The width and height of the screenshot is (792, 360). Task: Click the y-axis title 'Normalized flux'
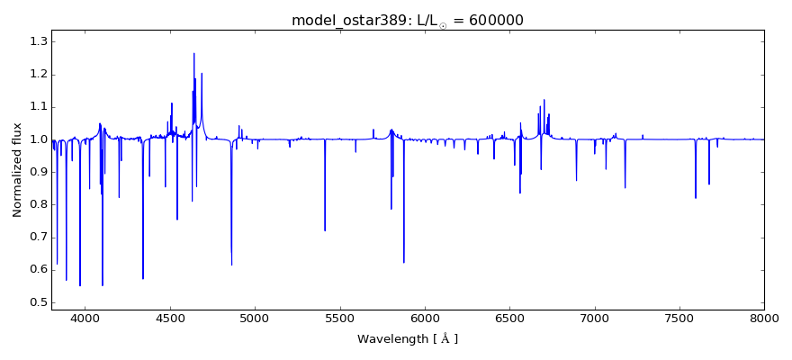pyautogui.click(x=18, y=170)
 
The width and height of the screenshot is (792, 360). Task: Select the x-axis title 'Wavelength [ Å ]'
pyautogui.click(x=408, y=339)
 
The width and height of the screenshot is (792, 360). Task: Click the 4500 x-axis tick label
pyautogui.click(x=170, y=318)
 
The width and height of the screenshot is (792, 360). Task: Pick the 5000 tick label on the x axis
pyautogui.click(x=255, y=318)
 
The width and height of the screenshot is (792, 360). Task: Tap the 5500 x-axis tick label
pyautogui.click(x=339, y=318)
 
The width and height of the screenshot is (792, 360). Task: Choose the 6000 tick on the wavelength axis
pyautogui.click(x=425, y=318)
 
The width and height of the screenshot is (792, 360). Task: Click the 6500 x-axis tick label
pyautogui.click(x=509, y=318)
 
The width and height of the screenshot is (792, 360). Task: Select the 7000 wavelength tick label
pyautogui.click(x=595, y=318)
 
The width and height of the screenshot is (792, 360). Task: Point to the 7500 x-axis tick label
pyautogui.click(x=679, y=318)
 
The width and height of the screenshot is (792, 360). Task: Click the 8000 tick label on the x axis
pyautogui.click(x=764, y=318)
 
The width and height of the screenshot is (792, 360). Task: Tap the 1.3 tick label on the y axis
pyautogui.click(x=37, y=41)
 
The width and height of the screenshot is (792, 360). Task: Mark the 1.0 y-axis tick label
pyautogui.click(x=37, y=139)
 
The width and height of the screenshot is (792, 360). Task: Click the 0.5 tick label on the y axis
pyautogui.click(x=37, y=302)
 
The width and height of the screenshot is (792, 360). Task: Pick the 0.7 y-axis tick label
pyautogui.click(x=37, y=238)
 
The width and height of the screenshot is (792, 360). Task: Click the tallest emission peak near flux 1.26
pyautogui.click(x=193, y=53)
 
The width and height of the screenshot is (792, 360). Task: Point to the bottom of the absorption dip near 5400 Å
pyautogui.click(x=325, y=230)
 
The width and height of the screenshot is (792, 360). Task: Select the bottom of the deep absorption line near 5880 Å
pyautogui.click(x=403, y=262)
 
